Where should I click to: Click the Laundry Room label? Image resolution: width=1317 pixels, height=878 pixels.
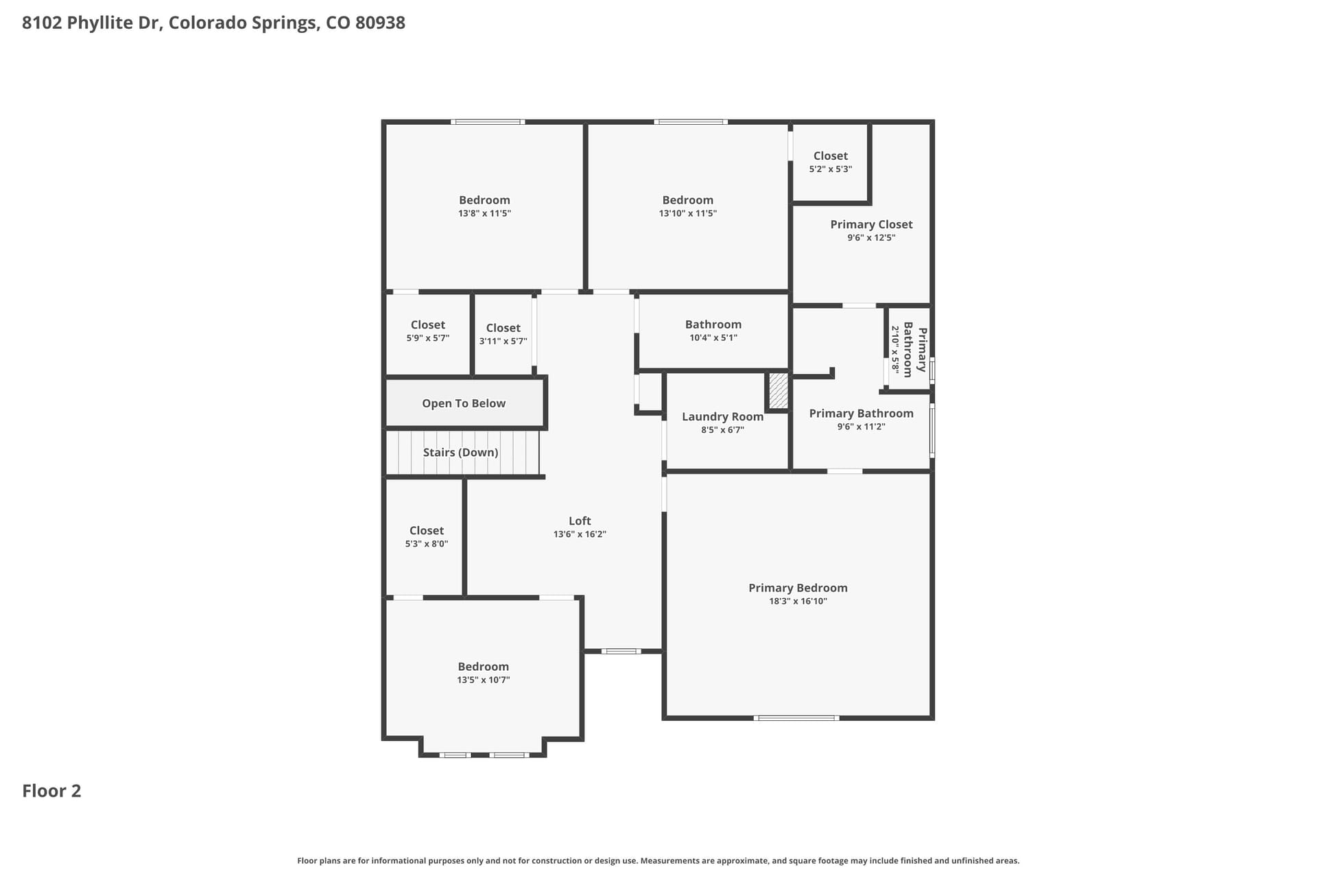coord(722,416)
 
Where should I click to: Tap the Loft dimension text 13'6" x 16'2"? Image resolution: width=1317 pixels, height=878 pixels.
coord(580,534)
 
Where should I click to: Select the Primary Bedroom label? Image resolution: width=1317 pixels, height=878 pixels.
coord(798,588)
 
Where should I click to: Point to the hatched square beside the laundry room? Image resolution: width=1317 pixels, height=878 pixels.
coord(779,390)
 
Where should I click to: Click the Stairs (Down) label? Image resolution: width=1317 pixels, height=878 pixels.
coord(460,453)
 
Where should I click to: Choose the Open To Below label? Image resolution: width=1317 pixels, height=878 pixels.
coord(464,403)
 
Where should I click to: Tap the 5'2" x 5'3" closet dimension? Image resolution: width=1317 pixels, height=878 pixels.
coord(831,169)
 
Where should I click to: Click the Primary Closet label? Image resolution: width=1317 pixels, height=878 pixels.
coord(871,224)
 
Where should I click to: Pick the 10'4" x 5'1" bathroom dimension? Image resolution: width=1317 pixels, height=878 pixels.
coord(713,337)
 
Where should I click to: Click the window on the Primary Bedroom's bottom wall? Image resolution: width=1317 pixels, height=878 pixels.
coord(796,718)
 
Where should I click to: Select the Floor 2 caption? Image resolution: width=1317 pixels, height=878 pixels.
coord(51,791)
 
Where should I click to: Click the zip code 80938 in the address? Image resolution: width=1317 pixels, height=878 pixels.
coord(381,23)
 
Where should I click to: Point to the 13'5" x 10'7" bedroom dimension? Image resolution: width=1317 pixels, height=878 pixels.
coord(484,680)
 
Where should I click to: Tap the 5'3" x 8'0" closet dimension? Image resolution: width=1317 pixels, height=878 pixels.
coord(427,544)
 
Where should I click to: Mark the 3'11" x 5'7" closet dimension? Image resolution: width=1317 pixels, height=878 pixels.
coord(503,341)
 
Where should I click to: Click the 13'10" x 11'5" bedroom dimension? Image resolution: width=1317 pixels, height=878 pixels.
coord(688,213)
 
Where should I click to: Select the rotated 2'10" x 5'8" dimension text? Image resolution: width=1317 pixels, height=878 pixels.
coord(895,349)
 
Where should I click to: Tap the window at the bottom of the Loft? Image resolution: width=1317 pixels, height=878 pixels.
coord(621,651)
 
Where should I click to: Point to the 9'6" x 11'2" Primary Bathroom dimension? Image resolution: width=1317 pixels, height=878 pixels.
coord(861,427)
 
